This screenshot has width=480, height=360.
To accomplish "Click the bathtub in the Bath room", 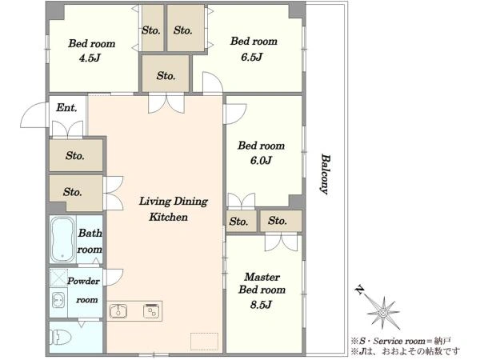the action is tap(63, 239).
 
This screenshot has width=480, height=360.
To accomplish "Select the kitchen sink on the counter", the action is tap(118, 311).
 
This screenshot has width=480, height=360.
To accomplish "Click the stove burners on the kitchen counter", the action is tap(151, 310).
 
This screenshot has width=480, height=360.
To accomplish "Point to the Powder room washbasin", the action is tap(58, 301).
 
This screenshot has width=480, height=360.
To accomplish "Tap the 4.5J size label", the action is tap(90, 58).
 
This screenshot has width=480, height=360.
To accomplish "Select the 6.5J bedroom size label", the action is tap(252, 58).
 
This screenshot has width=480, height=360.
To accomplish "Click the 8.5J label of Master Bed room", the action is tap(261, 305).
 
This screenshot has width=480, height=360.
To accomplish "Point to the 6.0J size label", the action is tap(261, 161).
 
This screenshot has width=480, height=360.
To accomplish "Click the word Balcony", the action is tap(326, 174).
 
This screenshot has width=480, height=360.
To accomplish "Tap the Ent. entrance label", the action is tap(66, 108).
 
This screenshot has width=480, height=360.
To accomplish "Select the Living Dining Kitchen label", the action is tap(174, 209).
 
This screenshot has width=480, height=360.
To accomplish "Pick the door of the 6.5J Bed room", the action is tap(212, 82).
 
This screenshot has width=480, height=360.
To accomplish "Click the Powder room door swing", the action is tap(114, 277).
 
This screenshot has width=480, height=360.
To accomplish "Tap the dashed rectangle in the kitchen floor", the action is tap(204, 341).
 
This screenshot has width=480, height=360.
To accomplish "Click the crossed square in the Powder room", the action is tap(58, 278).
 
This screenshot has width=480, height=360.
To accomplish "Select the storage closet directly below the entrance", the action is tap(76, 155).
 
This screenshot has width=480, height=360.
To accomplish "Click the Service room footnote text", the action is tap(401, 341).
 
